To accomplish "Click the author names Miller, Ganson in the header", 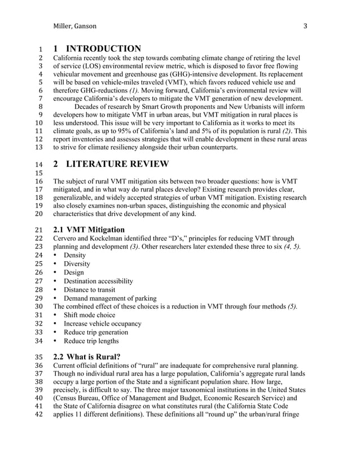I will click(x=74, y=26).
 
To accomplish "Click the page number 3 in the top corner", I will click(x=305, y=26).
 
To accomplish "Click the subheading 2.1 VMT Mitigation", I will click(x=89, y=229).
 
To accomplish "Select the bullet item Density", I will click(x=76, y=254).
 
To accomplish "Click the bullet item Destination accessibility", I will click(x=98, y=280).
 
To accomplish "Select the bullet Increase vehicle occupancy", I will click(x=102, y=324).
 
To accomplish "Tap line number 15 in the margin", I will click(x=39, y=173).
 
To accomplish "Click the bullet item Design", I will click(x=74, y=272).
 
